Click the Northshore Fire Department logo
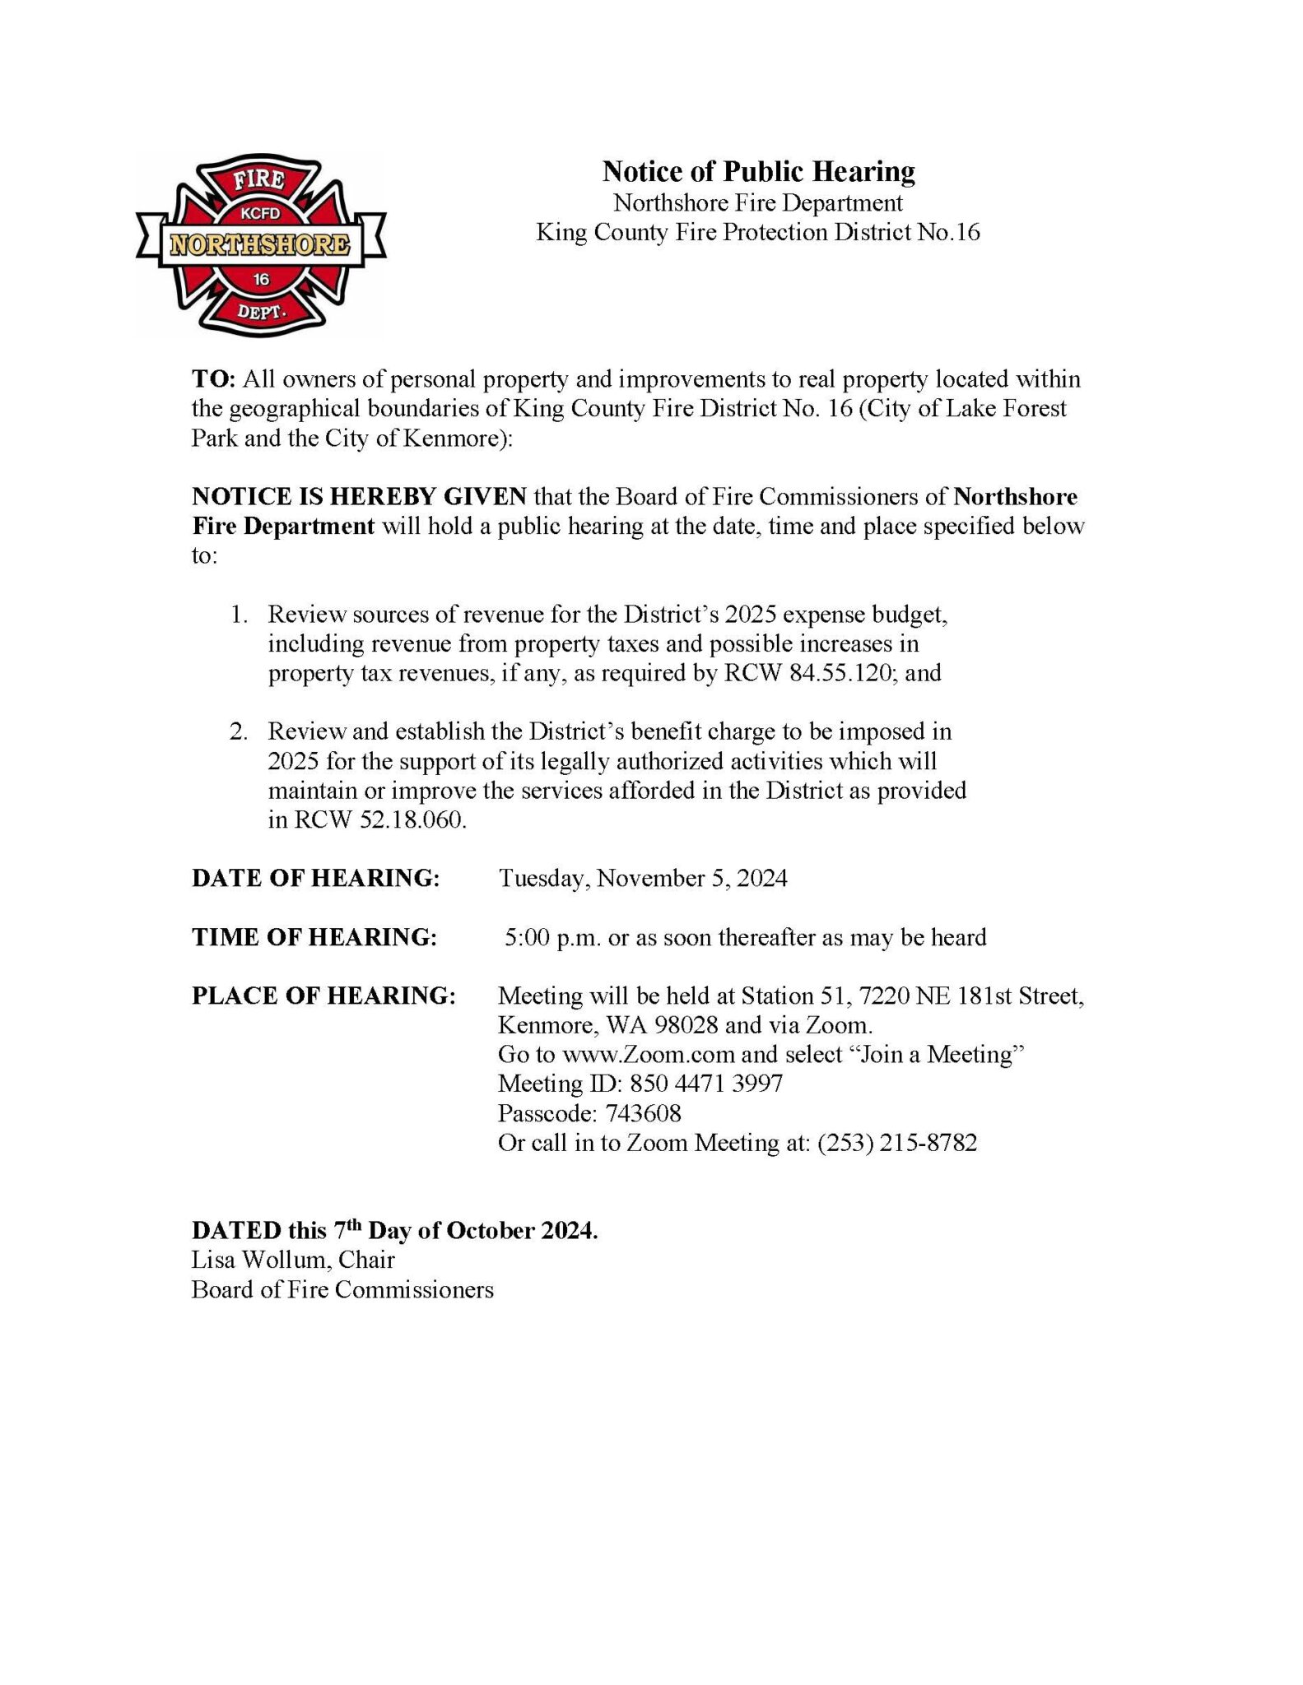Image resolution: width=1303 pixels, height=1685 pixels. click(x=260, y=245)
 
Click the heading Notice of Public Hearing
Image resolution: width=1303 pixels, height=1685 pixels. click(x=758, y=171)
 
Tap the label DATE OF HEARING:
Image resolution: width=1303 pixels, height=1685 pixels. click(x=316, y=878)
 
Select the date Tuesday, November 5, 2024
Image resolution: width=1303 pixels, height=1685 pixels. click(x=643, y=878)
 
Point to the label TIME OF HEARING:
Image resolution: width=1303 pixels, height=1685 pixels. click(x=314, y=937)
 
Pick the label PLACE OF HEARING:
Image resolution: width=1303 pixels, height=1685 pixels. click(x=323, y=996)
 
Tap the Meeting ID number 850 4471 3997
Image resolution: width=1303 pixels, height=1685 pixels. click(x=706, y=1084)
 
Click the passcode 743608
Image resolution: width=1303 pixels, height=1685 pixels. click(x=643, y=1113)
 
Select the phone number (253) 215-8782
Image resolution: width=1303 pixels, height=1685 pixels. click(x=897, y=1143)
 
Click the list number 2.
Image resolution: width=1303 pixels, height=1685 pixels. click(x=238, y=731)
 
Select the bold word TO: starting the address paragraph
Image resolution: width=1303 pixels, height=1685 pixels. click(x=214, y=379)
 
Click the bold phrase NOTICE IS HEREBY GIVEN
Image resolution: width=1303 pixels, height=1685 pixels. click(x=359, y=497)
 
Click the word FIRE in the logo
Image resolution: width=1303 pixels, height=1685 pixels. click(x=259, y=179)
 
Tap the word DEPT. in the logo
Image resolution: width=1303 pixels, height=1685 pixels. click(x=261, y=311)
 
